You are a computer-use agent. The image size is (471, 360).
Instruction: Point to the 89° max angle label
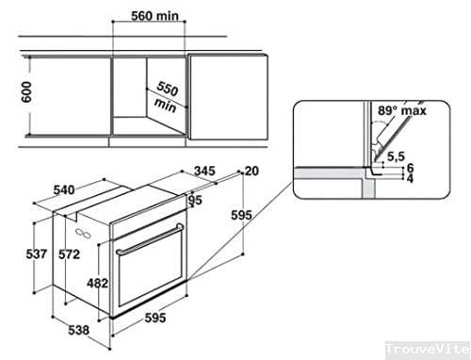click(x=403, y=111)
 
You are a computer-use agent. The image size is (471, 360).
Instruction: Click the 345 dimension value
click(x=203, y=172)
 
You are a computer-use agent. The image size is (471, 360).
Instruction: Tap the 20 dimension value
click(x=251, y=172)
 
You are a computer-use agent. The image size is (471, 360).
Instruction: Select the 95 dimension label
click(x=196, y=200)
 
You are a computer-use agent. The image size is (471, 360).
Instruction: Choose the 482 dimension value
click(x=96, y=282)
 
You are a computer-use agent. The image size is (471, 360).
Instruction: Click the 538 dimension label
click(x=79, y=331)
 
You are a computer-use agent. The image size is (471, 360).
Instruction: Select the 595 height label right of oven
click(x=241, y=216)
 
